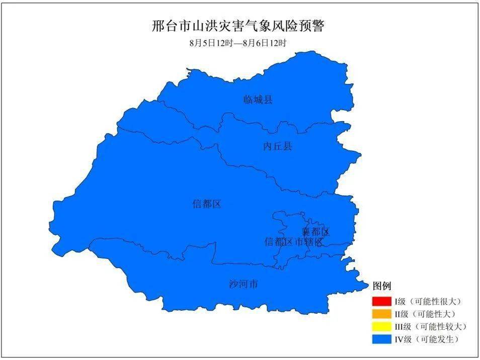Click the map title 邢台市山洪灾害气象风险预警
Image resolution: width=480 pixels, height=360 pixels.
point(238,26)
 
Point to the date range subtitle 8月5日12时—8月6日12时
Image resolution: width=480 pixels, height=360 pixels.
point(238,43)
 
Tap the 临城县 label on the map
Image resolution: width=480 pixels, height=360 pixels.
point(258,100)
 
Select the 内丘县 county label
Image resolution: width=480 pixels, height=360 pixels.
point(277,146)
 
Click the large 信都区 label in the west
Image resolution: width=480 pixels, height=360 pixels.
point(207,204)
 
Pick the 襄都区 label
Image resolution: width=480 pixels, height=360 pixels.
point(315,232)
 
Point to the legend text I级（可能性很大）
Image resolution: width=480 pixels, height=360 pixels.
point(427,302)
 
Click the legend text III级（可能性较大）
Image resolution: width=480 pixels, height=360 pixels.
point(430,327)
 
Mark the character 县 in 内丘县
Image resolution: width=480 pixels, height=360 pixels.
point(287,146)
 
